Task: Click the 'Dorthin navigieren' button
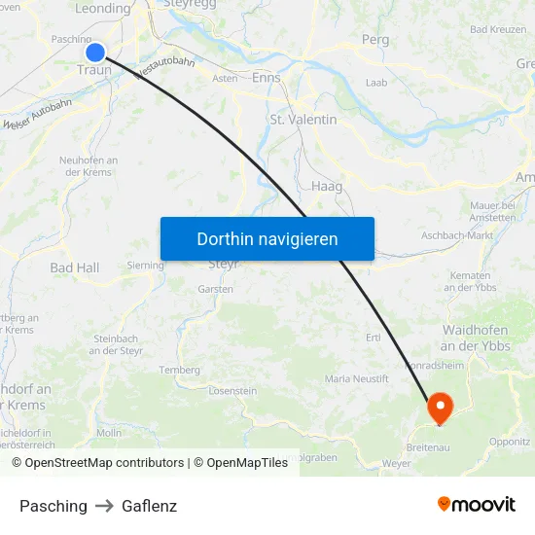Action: (267, 238)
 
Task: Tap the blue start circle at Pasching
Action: (95, 53)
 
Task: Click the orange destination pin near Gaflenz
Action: (440, 407)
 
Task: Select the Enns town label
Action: (266, 78)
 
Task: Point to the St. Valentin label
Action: (303, 120)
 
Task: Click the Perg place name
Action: (374, 40)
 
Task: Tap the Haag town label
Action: (327, 186)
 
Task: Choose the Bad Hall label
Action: (75, 267)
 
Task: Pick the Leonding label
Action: (102, 9)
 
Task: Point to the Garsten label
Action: (215, 289)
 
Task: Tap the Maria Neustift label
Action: (356, 377)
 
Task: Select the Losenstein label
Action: (232, 391)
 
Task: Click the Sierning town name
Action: (146, 264)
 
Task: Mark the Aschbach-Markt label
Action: (457, 235)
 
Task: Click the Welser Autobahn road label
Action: (38, 114)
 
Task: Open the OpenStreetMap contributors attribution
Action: (97, 463)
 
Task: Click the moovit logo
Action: (477, 505)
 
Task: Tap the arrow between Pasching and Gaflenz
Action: (104, 507)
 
